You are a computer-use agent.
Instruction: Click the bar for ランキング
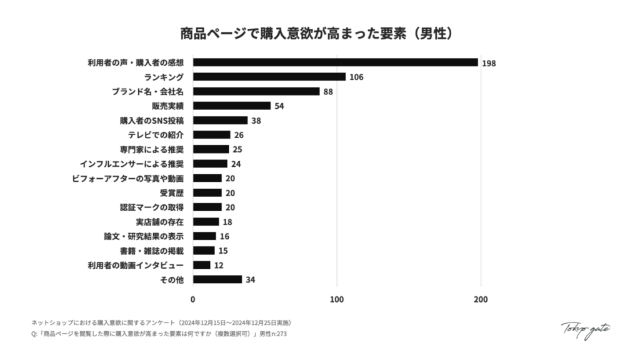click(x=269, y=77)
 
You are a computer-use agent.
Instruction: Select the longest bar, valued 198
click(x=335, y=62)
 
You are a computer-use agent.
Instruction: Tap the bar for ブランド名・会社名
click(x=256, y=91)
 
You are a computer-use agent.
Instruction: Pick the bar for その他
click(x=217, y=279)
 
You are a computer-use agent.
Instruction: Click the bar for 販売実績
click(x=231, y=106)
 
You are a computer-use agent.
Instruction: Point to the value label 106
click(x=357, y=77)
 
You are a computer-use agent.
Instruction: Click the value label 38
click(x=257, y=121)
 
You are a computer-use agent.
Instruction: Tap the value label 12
click(x=219, y=265)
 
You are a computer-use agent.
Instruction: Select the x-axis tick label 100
click(x=337, y=300)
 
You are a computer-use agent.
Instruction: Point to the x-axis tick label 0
click(x=193, y=300)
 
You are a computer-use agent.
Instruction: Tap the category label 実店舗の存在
click(x=159, y=221)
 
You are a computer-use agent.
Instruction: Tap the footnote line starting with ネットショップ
click(x=161, y=322)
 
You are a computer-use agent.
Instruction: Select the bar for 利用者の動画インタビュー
click(x=201, y=265)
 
